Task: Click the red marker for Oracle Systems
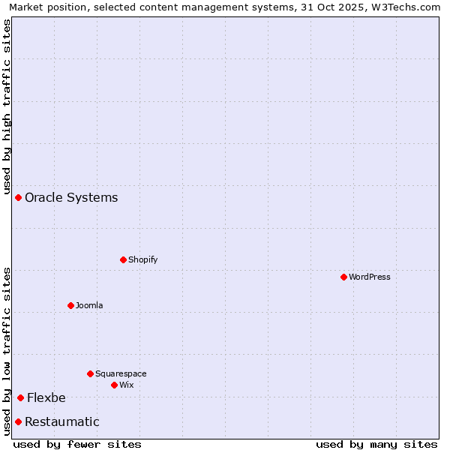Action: pos(18,197)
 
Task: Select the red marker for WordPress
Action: pos(343,277)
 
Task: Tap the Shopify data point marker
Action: pos(123,259)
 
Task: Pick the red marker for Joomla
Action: pos(70,305)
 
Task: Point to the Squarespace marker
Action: pos(90,373)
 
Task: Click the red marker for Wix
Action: pos(114,385)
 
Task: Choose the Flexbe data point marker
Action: pos(20,397)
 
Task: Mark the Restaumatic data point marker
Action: pos(18,421)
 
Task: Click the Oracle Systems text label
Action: pos(71,198)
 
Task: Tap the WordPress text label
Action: pos(370,277)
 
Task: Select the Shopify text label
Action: pos(142,259)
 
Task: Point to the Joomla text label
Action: pos(89,305)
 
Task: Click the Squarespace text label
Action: pos(121,373)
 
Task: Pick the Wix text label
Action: pos(127,385)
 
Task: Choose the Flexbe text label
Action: pos(46,398)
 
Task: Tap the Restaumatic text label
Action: pos(62,422)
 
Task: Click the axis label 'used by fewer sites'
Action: pos(77,444)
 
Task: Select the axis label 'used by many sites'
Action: pos(376,444)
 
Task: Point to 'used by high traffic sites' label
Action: pos(7,106)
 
